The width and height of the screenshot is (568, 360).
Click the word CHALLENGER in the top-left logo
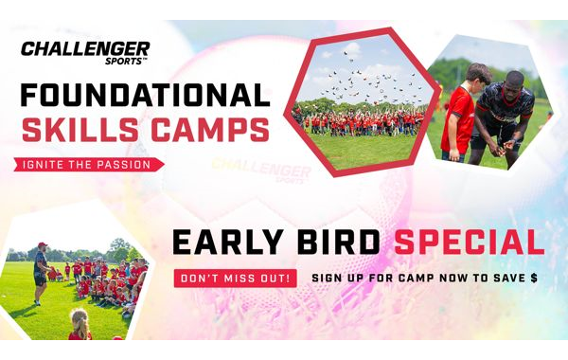[84, 48]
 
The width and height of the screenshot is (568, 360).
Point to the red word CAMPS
[209, 130]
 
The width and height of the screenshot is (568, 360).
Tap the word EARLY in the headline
[224, 243]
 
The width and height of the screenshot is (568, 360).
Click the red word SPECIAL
[469, 243]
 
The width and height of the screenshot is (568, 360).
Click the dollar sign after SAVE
[534, 279]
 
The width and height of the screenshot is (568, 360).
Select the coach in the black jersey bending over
[504, 118]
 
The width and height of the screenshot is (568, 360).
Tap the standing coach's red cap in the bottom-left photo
[40, 245]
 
